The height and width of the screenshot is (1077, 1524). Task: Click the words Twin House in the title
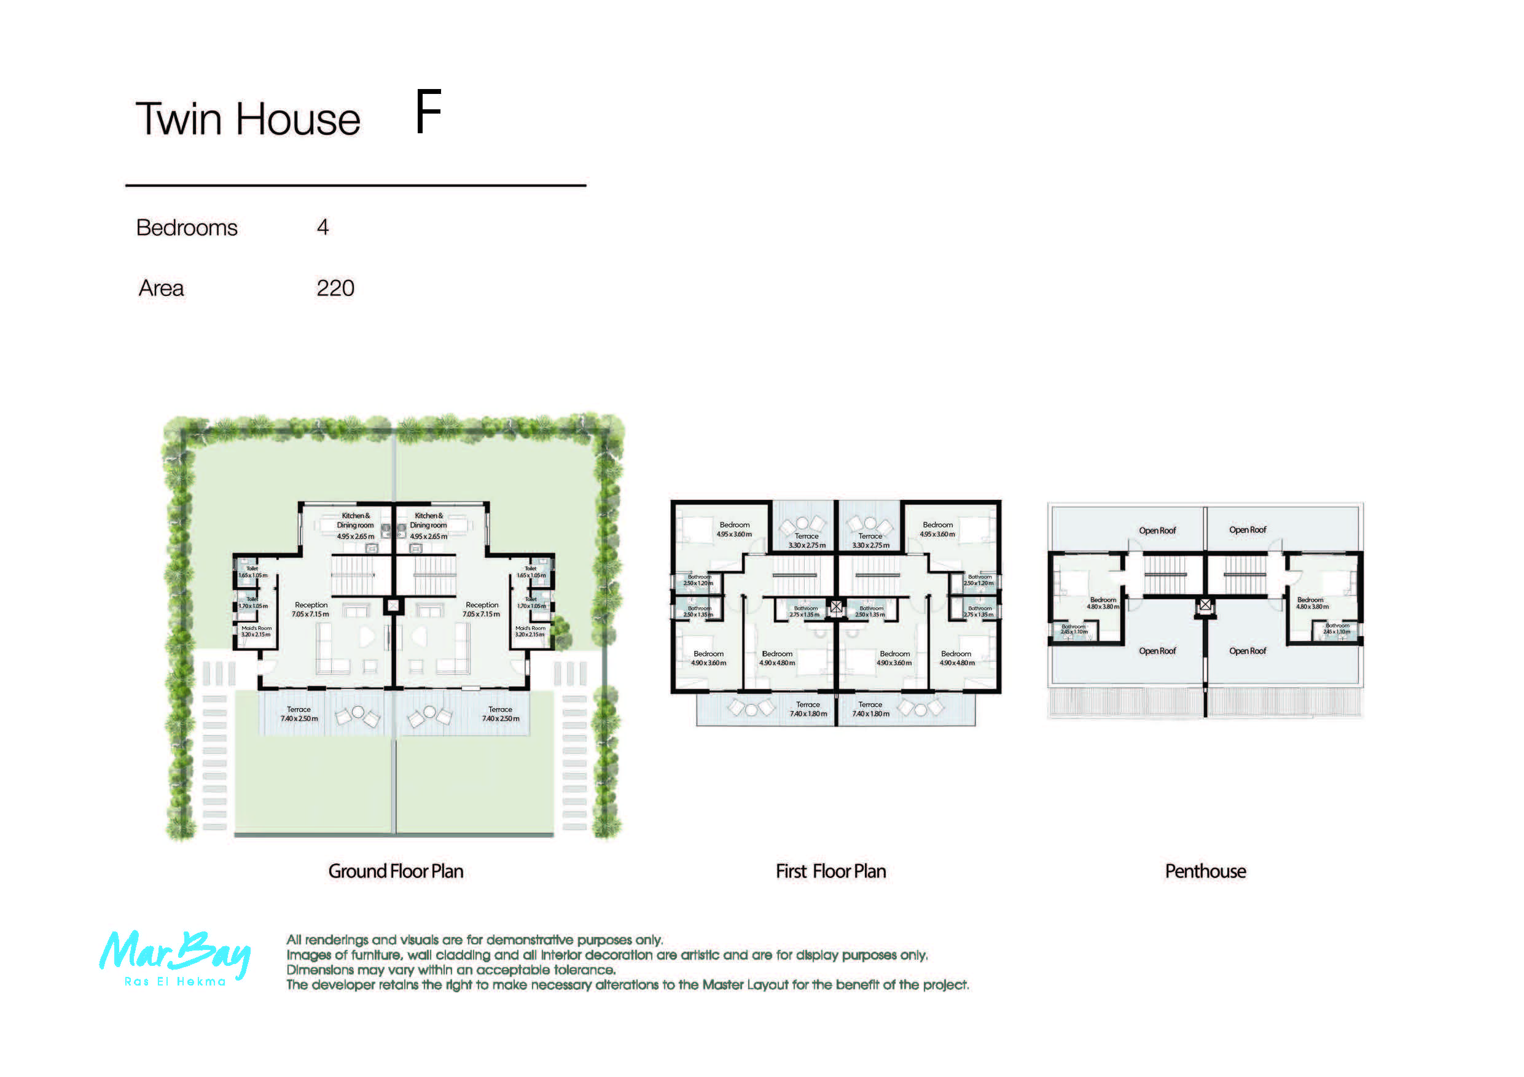click(248, 120)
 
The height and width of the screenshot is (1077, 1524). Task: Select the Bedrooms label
click(187, 228)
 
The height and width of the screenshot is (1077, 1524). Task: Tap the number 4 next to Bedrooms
click(322, 228)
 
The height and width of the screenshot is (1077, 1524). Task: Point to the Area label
click(162, 288)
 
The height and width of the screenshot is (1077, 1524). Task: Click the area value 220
click(335, 288)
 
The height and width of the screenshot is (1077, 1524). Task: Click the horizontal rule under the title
click(355, 185)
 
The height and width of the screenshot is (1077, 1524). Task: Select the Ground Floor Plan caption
click(396, 871)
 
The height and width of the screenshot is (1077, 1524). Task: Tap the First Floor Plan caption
click(830, 871)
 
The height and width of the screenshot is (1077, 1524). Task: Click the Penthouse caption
click(1205, 871)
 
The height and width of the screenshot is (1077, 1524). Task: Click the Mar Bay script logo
click(174, 953)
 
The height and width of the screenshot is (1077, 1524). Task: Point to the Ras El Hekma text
click(175, 981)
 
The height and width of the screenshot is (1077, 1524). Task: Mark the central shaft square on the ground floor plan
click(393, 605)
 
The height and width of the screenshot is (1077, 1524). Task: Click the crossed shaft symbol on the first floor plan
click(837, 606)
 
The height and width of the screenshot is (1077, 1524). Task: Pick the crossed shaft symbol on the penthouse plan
click(1205, 605)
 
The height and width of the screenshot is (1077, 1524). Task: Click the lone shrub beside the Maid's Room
click(561, 626)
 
